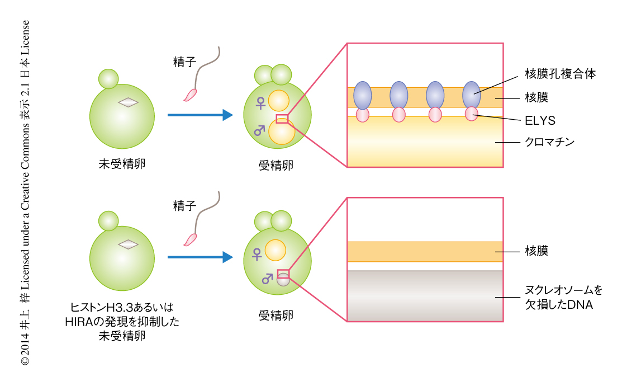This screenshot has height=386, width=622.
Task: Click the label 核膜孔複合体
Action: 559,74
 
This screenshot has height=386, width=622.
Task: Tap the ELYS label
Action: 540,120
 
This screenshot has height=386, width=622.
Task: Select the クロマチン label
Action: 550,142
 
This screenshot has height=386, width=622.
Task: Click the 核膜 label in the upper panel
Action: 536,97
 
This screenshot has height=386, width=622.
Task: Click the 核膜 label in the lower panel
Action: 536,250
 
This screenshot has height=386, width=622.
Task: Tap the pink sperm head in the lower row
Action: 191,239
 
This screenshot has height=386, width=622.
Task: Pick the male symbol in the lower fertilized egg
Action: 267,278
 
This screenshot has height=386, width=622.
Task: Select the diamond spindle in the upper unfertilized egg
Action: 129,102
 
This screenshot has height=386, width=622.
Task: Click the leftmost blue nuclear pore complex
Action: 363,95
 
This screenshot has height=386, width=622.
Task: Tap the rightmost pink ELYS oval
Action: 472,114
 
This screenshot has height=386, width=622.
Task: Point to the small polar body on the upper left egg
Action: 108,78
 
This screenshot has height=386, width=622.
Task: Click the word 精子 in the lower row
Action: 184,205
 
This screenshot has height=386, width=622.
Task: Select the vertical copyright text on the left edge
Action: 25,193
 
